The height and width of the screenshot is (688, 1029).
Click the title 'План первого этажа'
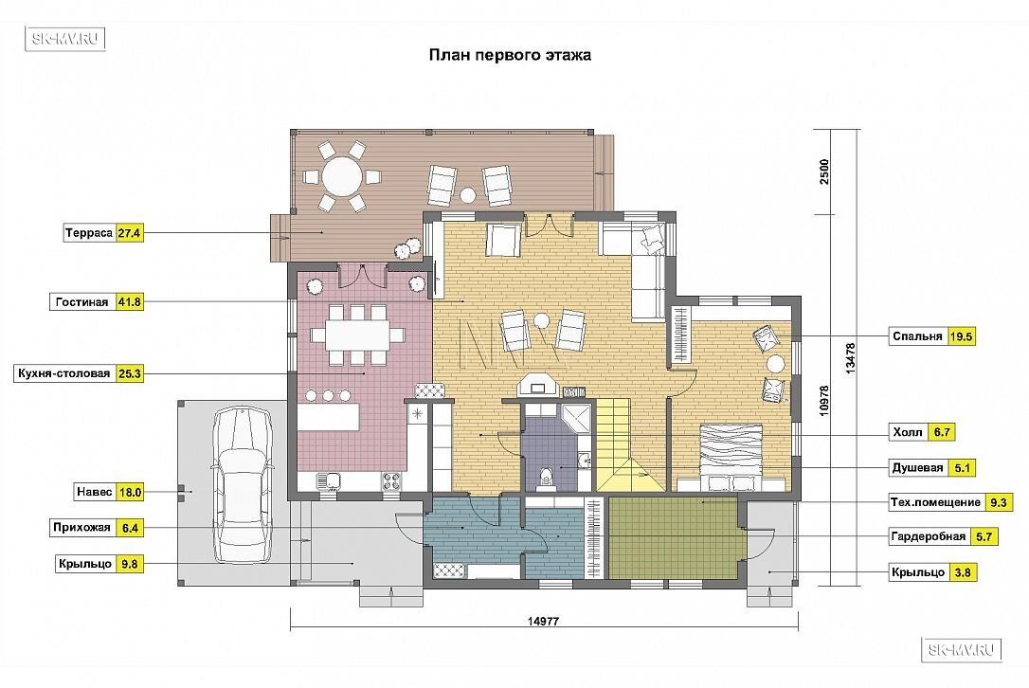510,54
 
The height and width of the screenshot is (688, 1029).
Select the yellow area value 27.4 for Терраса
129,233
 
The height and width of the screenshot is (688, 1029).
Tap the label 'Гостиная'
82,302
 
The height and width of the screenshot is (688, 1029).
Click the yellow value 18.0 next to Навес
130,492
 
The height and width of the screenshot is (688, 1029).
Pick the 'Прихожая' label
82,527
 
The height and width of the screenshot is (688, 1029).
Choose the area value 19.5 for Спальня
961,336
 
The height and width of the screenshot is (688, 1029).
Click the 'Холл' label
908,432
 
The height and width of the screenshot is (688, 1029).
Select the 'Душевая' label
917,467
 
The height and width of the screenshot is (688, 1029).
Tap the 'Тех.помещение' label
935,502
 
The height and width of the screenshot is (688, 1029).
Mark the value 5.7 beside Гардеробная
984,536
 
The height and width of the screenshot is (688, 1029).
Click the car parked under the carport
242,485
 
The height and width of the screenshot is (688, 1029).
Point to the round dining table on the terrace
341,175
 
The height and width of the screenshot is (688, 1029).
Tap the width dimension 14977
543,621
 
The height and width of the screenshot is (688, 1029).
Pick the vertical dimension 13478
851,358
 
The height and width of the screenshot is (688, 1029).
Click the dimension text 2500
824,172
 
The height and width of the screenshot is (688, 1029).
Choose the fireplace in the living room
537,385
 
